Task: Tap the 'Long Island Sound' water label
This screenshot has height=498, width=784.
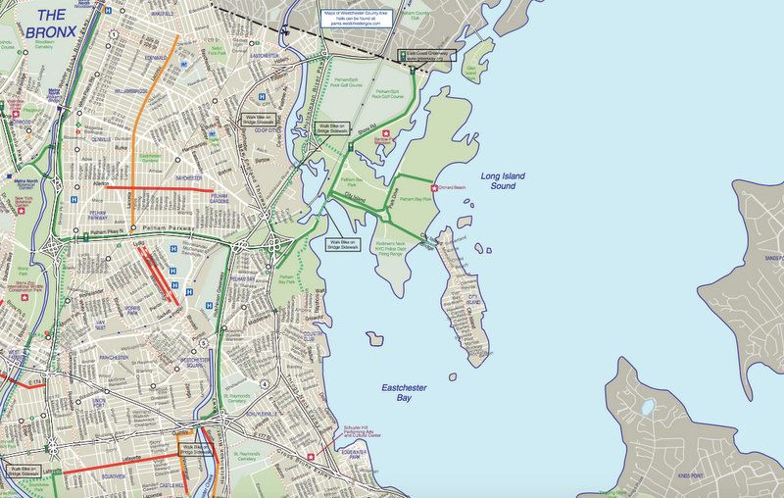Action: (503, 180)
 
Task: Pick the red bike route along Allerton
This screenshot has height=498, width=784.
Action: (157, 187)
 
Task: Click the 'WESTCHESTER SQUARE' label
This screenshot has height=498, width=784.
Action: (198, 363)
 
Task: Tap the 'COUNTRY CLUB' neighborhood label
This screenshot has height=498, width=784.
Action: (315, 337)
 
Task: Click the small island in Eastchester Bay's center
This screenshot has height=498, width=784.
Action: (374, 338)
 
